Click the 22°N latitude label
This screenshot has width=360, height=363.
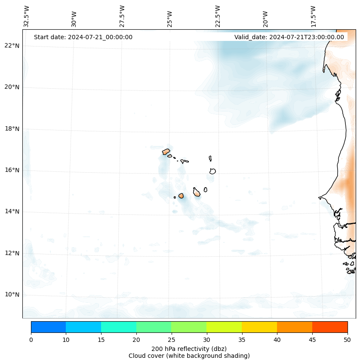(x=12, y=46)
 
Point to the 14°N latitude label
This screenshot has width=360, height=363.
(x=12, y=211)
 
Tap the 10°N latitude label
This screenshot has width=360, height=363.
(x=12, y=295)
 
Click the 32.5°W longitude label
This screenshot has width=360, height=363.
(x=27, y=16)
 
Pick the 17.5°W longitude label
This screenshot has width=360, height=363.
(x=313, y=16)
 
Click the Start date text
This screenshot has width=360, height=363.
(x=83, y=37)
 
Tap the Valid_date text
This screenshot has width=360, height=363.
(x=289, y=37)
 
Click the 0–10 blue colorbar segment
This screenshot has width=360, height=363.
(x=48, y=327)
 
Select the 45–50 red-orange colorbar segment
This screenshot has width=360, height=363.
(x=330, y=327)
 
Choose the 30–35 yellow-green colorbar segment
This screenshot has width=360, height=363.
(x=224, y=327)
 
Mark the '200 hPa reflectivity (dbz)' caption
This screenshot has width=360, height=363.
(x=189, y=348)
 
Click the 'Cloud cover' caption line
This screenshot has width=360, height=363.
(x=189, y=356)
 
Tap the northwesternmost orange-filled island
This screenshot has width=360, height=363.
(x=166, y=152)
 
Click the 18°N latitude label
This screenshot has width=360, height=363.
(x=12, y=129)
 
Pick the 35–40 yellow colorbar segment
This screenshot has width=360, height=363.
(x=259, y=327)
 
